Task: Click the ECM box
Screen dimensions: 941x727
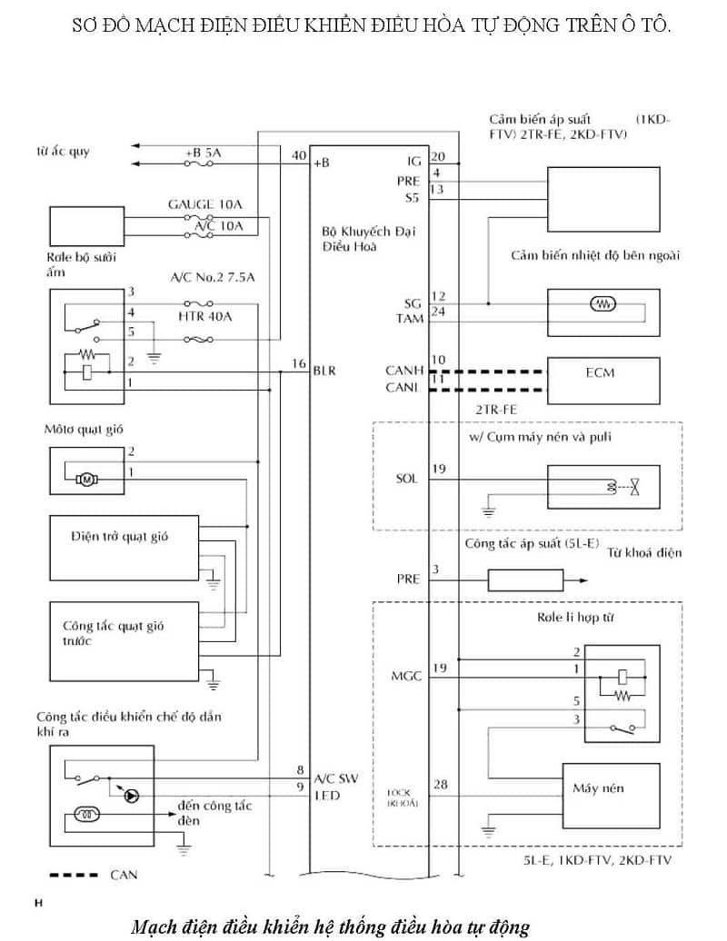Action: coord(600,373)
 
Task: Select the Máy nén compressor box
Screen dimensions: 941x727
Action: coord(598,788)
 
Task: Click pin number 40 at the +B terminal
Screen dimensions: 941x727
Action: coord(298,155)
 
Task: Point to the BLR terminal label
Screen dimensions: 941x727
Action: coord(324,371)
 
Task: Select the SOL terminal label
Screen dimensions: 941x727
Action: coord(406,478)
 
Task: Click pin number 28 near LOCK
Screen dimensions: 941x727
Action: coord(440,784)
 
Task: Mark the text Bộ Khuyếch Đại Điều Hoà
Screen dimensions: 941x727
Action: coord(356,238)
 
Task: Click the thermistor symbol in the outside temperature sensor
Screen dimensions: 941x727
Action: coord(601,304)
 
